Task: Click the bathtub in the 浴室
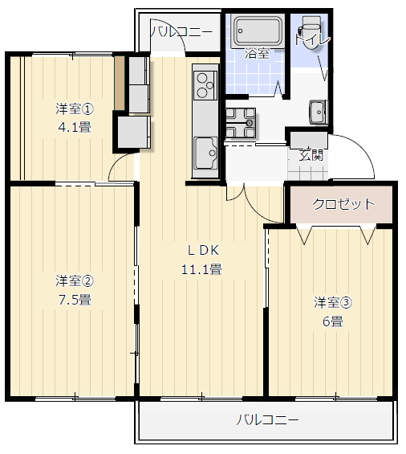pyautogui.click(x=257, y=31)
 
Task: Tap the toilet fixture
pyautogui.click(x=310, y=31)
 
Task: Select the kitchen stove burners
pyautogui.click(x=205, y=85)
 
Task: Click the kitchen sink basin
pyautogui.click(x=206, y=153)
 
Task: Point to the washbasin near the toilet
pyautogui.click(x=318, y=112)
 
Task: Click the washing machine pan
pyautogui.click(x=240, y=123)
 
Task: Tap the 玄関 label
pyautogui.click(x=311, y=155)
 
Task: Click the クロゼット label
pyautogui.click(x=343, y=204)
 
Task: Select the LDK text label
pyautogui.click(x=203, y=251)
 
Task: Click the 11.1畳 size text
pyautogui.click(x=201, y=269)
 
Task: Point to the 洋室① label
pyautogui.click(x=75, y=108)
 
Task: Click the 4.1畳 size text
pyautogui.click(x=75, y=127)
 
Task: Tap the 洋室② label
pyautogui.click(x=75, y=281)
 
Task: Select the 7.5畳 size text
pyautogui.click(x=75, y=300)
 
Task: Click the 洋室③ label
pyautogui.click(x=333, y=303)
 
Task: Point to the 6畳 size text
pyautogui.click(x=333, y=321)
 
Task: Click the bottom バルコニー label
pyautogui.click(x=267, y=419)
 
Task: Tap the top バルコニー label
pyautogui.click(x=182, y=32)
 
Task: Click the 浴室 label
pyautogui.click(x=257, y=54)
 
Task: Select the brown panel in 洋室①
pyautogui.click(x=120, y=84)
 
